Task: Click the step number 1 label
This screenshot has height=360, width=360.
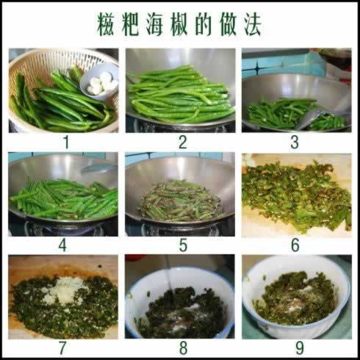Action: (x=66, y=143)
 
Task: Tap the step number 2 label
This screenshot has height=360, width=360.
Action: (x=183, y=143)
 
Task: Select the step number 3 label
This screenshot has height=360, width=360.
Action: (x=295, y=143)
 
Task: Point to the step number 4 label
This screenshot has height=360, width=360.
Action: (x=62, y=245)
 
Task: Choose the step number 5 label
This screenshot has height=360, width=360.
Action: (x=183, y=245)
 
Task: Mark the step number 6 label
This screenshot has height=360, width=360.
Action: (x=295, y=245)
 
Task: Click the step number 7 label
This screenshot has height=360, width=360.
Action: (x=62, y=348)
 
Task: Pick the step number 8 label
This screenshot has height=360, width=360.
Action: (x=183, y=348)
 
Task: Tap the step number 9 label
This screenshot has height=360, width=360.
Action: (x=300, y=348)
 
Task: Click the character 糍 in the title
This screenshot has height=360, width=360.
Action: (x=106, y=25)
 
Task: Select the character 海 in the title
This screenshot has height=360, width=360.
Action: (x=155, y=25)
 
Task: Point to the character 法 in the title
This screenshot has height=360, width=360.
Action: (x=252, y=25)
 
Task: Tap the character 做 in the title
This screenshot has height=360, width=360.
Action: (x=228, y=25)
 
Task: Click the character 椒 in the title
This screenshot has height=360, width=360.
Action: (x=179, y=25)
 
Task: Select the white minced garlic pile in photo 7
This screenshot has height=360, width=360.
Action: (x=62, y=290)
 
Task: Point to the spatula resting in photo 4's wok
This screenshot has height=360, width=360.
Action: (x=98, y=168)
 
